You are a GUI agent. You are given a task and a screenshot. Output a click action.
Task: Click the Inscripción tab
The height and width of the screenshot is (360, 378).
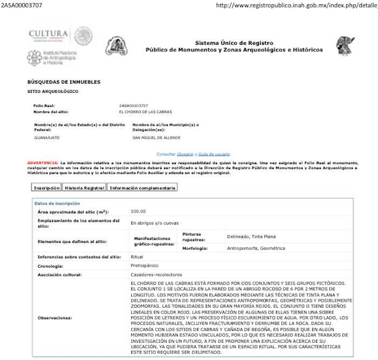(46, 188)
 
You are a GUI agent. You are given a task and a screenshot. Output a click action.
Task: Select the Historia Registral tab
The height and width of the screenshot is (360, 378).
(84, 188)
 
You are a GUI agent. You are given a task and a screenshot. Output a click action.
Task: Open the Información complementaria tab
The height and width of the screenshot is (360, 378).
(142, 188)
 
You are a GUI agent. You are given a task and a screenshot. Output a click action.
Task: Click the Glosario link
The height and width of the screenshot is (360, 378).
(185, 154)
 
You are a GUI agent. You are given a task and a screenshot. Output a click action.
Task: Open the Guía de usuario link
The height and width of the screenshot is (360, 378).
(214, 154)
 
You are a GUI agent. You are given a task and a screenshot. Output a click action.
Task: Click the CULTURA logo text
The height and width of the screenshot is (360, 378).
(48, 34)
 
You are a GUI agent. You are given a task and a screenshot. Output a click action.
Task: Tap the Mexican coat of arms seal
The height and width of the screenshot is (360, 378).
(84, 36)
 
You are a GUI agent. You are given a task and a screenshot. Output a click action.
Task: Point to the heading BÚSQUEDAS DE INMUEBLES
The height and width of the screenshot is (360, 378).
(63, 82)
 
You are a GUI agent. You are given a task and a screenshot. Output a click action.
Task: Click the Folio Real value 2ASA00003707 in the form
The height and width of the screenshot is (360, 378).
(133, 105)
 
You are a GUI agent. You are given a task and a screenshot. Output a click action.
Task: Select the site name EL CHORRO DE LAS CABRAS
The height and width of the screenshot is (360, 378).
(145, 112)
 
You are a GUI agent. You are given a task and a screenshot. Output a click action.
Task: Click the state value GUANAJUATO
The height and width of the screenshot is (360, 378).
(46, 138)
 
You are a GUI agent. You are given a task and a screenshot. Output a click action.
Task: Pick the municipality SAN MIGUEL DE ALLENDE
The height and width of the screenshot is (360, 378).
(156, 138)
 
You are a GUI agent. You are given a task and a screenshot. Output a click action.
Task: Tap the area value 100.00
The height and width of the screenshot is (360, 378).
(138, 212)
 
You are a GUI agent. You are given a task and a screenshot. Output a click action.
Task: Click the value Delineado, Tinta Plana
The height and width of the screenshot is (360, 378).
(251, 236)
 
